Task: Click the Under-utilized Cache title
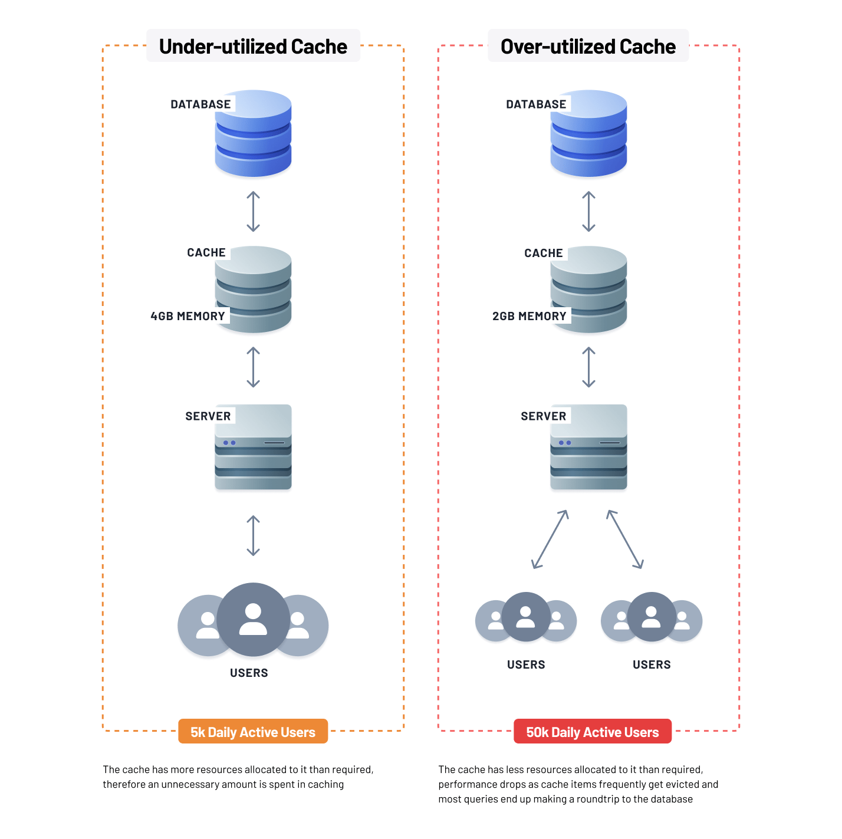coord(253,47)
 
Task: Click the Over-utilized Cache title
coord(588,47)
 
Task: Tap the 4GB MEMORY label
coord(188,316)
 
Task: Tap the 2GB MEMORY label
coord(529,316)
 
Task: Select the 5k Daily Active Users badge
coord(253,732)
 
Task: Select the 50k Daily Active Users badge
coord(592,732)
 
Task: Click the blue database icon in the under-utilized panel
coord(254,134)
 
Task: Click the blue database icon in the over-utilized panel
coord(588,134)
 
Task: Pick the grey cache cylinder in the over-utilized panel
coord(588,289)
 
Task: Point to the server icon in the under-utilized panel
coord(254,447)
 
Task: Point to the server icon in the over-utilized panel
coord(588,447)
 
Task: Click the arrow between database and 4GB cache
coord(253,211)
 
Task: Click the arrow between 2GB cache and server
coord(588,367)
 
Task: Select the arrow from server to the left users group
coord(550,539)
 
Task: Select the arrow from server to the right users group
coord(625,539)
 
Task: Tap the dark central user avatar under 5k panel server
coord(253,619)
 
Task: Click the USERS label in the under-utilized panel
coord(249,673)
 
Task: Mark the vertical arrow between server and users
coord(253,535)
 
